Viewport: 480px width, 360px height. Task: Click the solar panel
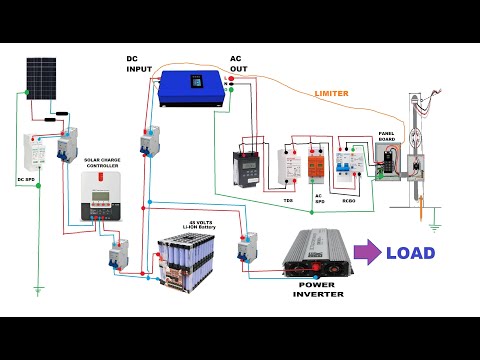coord(41,73)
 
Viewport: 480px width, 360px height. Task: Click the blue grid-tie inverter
coord(189,89)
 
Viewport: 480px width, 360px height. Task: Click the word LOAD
coord(410,253)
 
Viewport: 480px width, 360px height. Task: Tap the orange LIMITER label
coord(332,93)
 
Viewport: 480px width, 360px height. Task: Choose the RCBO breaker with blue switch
coord(349,162)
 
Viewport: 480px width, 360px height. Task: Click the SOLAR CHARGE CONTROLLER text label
coord(103,163)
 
